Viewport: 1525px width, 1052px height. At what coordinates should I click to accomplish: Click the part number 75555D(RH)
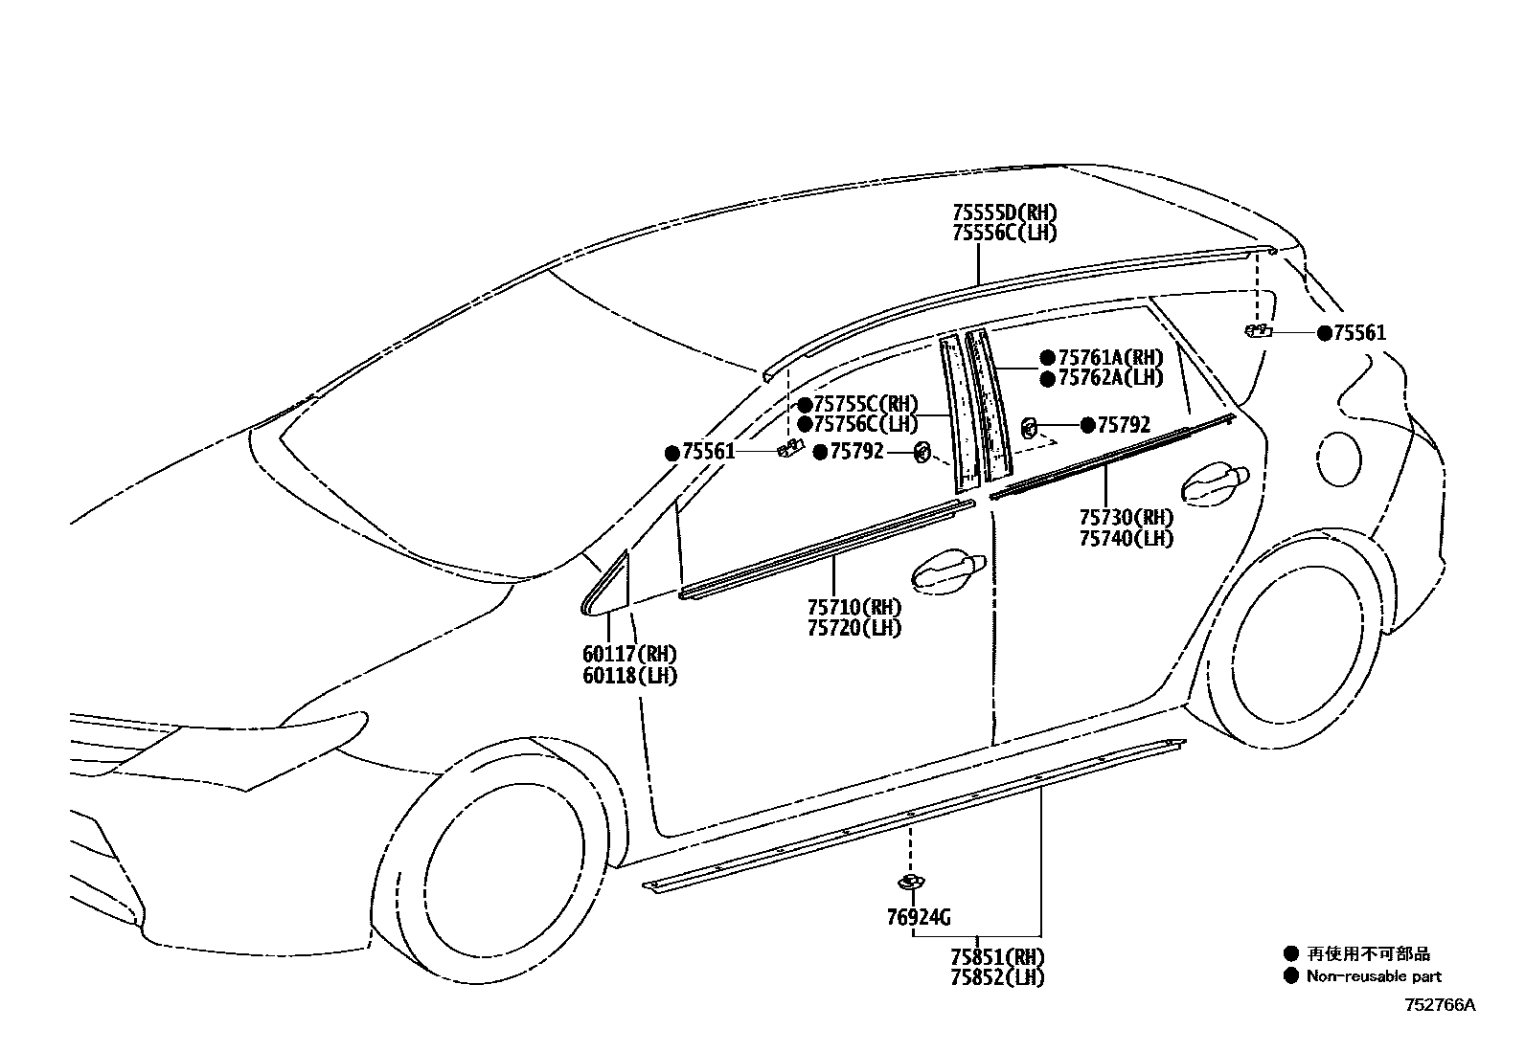[1005, 213]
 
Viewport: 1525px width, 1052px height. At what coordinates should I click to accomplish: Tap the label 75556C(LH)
[1005, 234]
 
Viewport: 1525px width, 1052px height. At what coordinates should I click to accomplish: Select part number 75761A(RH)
[1110, 357]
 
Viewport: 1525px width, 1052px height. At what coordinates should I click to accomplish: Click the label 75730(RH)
[1126, 518]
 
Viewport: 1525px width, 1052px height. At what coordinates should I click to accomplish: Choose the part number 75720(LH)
[854, 628]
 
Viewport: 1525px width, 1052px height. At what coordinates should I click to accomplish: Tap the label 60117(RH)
[629, 655]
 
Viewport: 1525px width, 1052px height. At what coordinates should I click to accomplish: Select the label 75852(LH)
[997, 977]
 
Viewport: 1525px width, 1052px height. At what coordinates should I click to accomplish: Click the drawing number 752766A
[1440, 1005]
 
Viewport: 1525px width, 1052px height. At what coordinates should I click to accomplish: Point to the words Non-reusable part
[1374, 976]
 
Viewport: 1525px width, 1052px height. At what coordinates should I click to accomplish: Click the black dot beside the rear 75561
[1325, 333]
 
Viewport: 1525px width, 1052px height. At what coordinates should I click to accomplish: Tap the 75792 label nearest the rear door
[1124, 425]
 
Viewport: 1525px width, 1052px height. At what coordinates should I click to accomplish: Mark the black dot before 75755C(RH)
[805, 404]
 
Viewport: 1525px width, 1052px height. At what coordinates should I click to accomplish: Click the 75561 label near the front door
[708, 452]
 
